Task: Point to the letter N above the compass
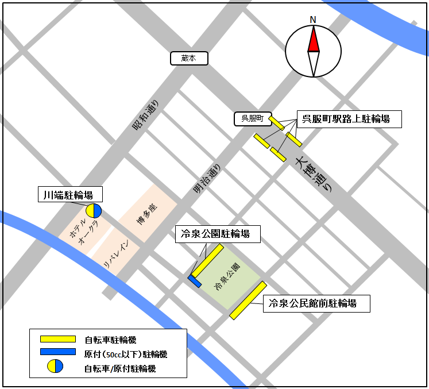313,20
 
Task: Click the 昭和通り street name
146,115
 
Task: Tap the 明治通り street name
206,178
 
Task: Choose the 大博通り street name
314,175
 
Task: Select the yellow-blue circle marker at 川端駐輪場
94,211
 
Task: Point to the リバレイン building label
118,253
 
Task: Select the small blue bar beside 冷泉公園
194,281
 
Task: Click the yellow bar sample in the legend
57,339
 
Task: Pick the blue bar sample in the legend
57,352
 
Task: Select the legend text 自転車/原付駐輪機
119,368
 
